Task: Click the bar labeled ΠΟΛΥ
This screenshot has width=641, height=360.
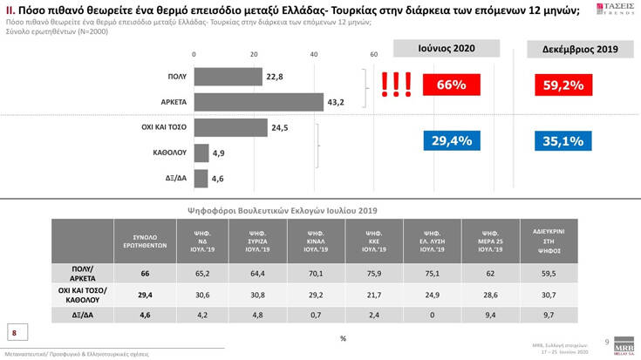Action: click(227, 77)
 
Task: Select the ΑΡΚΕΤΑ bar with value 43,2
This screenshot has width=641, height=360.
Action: click(257, 102)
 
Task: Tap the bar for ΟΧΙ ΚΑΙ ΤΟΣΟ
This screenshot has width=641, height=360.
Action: click(229, 127)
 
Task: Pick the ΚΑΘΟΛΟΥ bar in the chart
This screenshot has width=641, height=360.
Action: click(200, 153)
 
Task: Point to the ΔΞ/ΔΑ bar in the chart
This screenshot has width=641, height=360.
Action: click(200, 178)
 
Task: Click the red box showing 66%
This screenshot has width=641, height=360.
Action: click(452, 85)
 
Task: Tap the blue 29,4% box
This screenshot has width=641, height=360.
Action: click(452, 140)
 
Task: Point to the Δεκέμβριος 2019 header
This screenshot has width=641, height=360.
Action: click(578, 50)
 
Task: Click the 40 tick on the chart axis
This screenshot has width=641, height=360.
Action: click(314, 54)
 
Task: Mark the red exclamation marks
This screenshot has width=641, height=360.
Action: click(396, 84)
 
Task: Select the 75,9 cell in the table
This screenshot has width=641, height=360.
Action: click(374, 273)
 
